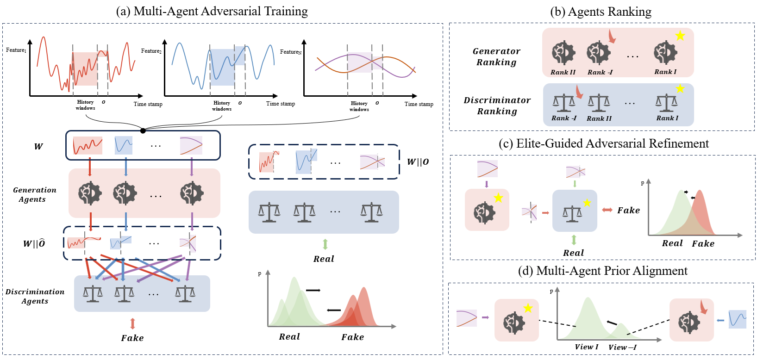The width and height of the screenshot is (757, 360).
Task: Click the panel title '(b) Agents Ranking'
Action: click(x=601, y=12)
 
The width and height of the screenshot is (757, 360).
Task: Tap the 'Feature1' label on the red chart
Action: click(x=16, y=50)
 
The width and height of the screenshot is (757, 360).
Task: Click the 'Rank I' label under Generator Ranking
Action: click(x=665, y=72)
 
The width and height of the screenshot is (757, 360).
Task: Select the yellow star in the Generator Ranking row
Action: click(x=680, y=36)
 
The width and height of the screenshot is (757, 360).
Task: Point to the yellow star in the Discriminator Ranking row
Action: click(x=680, y=88)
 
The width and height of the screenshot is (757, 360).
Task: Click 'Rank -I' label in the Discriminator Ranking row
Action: click(x=564, y=118)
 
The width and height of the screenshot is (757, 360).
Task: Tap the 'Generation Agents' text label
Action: click(x=34, y=194)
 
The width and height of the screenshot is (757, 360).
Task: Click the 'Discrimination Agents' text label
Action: click(x=35, y=296)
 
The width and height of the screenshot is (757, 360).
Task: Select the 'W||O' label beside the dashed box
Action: click(x=418, y=161)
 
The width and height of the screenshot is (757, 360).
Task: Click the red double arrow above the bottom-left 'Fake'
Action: click(x=132, y=323)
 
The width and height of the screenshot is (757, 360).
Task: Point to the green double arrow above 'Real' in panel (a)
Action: click(x=325, y=244)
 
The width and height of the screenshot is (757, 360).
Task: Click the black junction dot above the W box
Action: click(x=143, y=130)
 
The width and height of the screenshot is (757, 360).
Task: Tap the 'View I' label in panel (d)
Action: click(x=586, y=347)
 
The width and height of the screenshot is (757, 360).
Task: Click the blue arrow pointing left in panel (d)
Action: click(x=720, y=320)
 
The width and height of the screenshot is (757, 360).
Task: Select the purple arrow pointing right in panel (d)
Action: click(x=485, y=317)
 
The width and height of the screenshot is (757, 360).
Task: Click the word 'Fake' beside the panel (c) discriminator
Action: click(x=628, y=210)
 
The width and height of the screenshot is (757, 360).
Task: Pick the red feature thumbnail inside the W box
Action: click(x=88, y=145)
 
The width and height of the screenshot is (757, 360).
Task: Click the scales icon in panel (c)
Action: click(x=572, y=214)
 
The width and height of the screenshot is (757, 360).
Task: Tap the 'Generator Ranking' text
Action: click(x=496, y=56)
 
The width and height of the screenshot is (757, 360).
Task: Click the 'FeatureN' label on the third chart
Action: click(x=291, y=52)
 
